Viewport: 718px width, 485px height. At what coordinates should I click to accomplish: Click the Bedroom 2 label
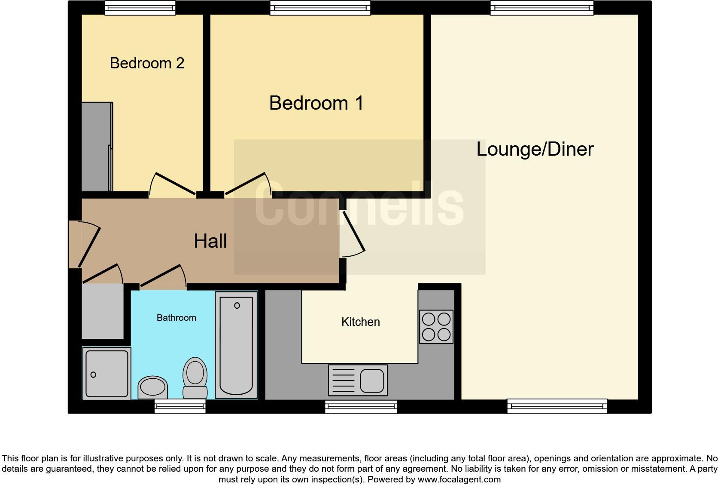tap(147, 63)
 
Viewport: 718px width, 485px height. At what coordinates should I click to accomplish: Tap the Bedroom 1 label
tap(316, 103)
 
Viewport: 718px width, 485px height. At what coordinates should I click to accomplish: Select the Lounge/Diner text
tap(535, 149)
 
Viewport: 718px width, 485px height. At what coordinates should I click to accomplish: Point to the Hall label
tap(210, 241)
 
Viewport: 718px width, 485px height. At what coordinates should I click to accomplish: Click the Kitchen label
tap(360, 322)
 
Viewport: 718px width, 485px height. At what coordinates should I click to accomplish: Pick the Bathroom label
tap(176, 318)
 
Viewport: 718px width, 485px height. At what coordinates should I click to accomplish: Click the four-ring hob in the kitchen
tap(436, 326)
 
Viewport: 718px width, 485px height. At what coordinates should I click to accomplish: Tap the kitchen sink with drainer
tap(358, 380)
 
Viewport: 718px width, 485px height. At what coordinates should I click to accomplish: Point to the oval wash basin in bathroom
tap(152, 387)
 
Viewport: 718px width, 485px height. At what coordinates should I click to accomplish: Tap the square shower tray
tap(106, 373)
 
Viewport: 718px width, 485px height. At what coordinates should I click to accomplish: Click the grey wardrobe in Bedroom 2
tap(97, 147)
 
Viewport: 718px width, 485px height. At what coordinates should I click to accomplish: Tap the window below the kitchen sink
tap(361, 406)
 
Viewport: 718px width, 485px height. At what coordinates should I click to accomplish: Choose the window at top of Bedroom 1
tap(320, 8)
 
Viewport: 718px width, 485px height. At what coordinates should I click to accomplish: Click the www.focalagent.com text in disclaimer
tap(459, 479)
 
